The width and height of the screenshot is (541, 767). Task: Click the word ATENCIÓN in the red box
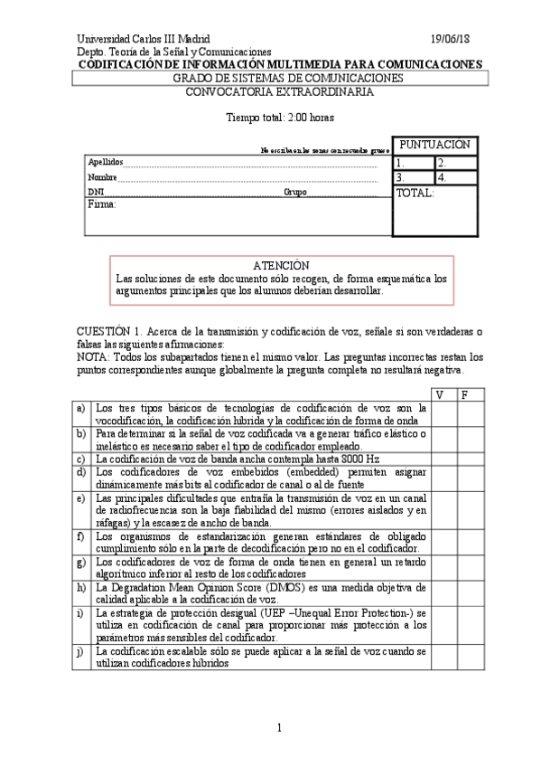(x=281, y=266)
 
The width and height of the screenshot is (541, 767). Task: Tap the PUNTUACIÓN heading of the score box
(x=434, y=145)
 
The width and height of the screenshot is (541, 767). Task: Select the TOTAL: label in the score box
(x=415, y=194)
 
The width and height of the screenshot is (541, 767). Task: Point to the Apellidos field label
(x=105, y=162)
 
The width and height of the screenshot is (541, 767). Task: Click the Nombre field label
(x=102, y=177)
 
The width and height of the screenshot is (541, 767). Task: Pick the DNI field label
(x=96, y=193)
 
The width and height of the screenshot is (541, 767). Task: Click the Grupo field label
(x=295, y=193)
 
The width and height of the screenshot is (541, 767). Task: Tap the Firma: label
(x=102, y=205)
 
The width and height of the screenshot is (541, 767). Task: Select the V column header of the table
(x=440, y=395)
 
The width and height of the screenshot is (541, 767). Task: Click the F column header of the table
(x=465, y=395)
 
